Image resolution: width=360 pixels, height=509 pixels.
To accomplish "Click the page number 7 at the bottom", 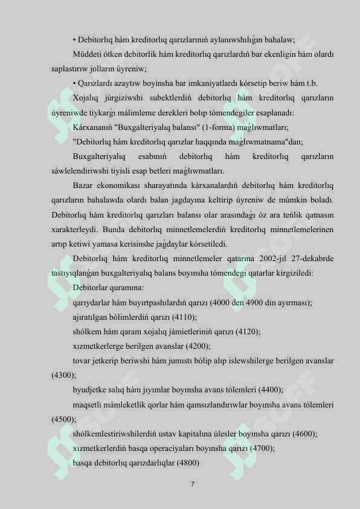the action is [x=192, y=484].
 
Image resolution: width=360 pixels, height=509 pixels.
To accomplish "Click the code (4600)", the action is [x=304, y=433].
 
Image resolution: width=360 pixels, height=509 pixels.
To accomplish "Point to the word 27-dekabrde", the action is [x=315, y=258].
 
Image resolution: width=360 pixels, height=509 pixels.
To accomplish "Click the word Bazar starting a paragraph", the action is [x=82, y=185].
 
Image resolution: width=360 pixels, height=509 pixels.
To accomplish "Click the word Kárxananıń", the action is [x=91, y=128].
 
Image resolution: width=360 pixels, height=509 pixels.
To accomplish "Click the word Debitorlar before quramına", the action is [x=90, y=288].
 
